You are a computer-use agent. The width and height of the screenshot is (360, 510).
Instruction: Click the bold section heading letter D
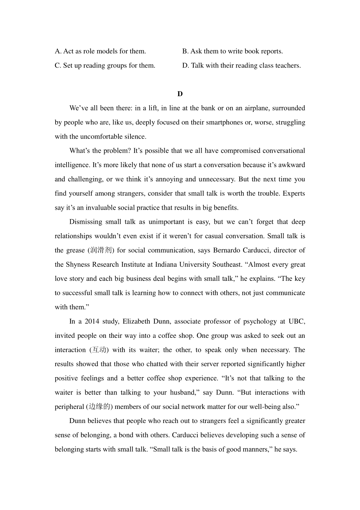point(180,94)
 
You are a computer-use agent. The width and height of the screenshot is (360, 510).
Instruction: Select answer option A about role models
point(100,51)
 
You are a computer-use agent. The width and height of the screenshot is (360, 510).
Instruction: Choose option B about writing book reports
point(232,51)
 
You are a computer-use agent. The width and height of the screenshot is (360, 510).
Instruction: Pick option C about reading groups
point(105,65)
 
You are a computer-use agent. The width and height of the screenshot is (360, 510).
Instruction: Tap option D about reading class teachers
point(241,65)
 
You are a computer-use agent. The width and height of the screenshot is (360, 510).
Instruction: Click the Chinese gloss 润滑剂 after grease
point(101,250)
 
